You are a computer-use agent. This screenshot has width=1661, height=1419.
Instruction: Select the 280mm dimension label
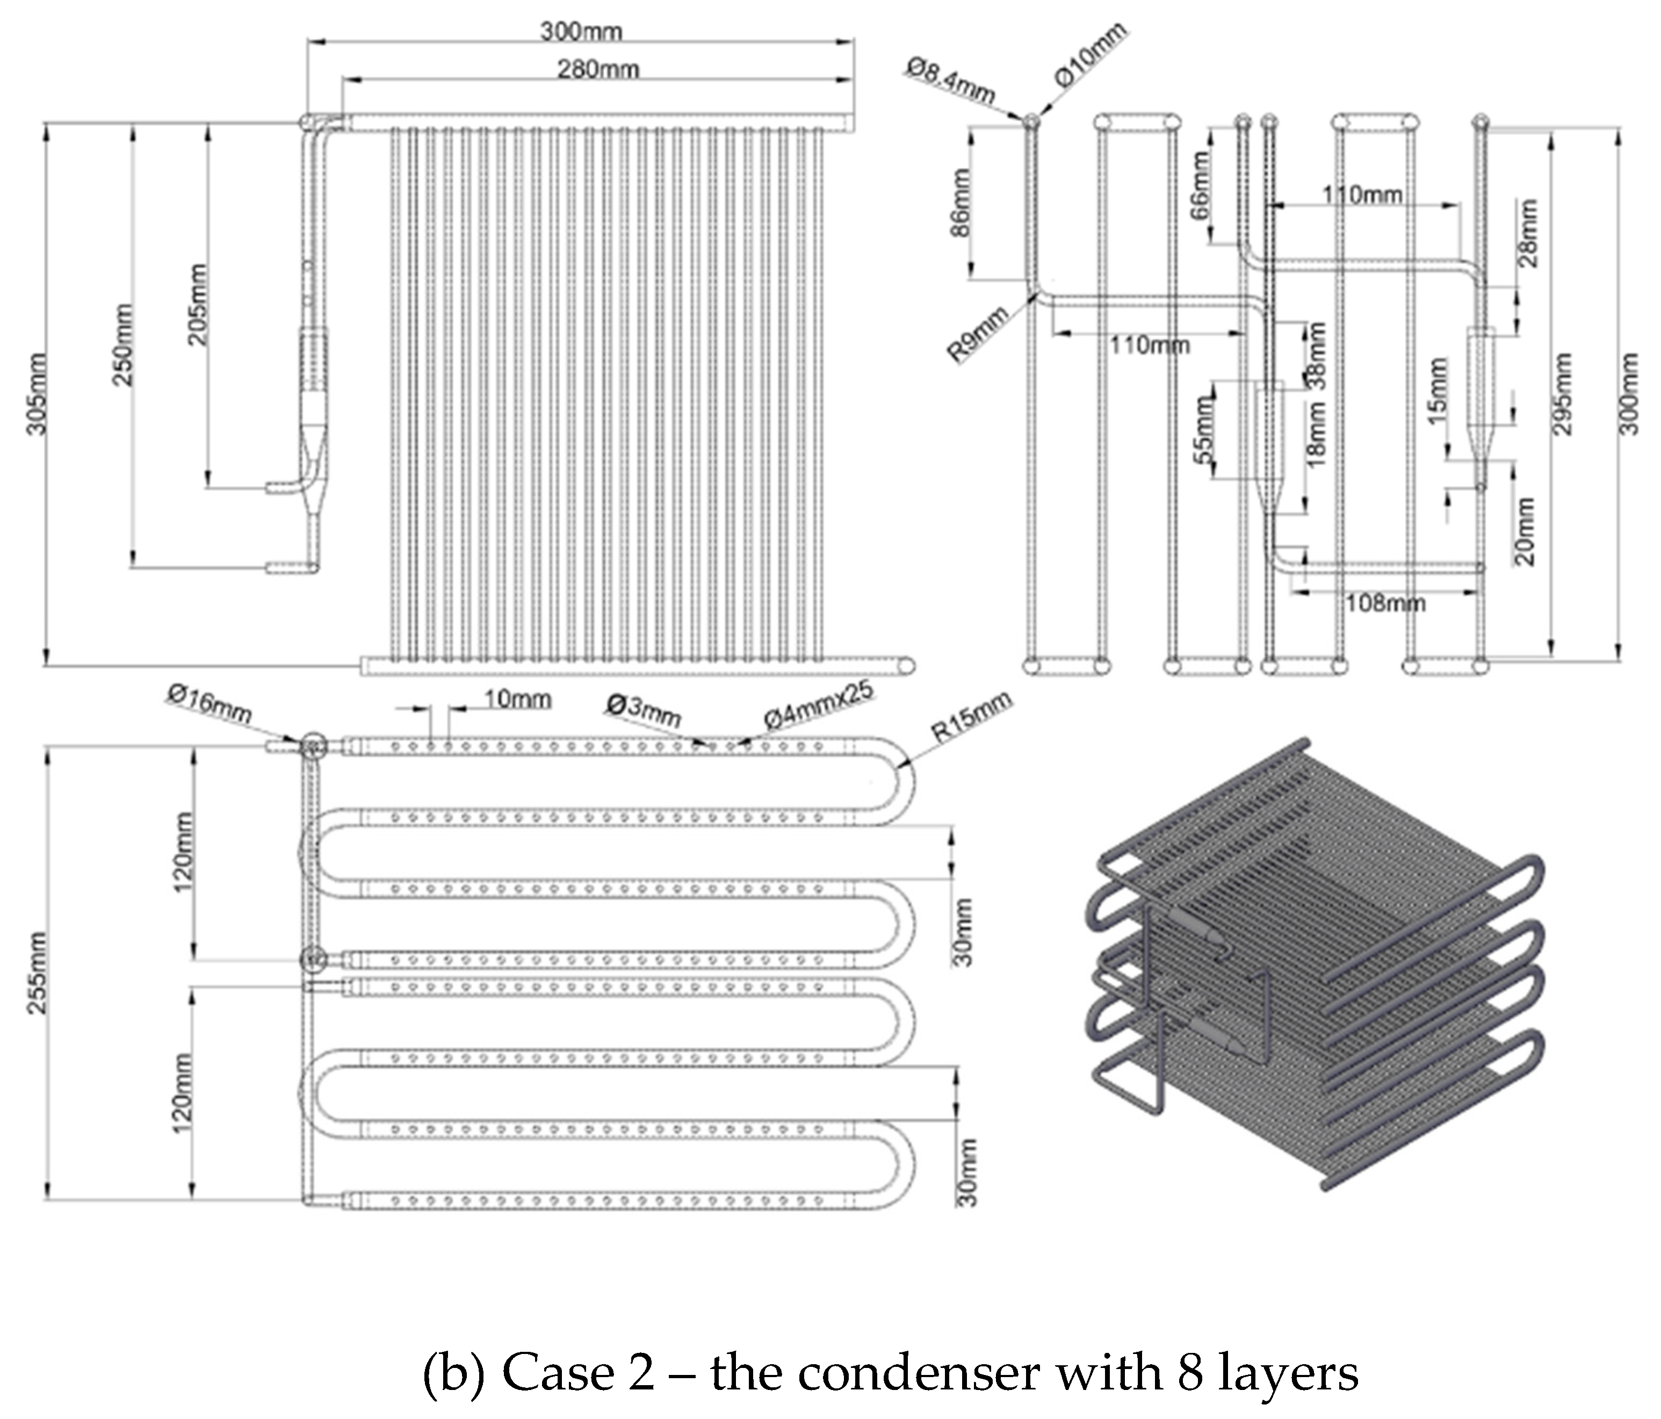(x=598, y=70)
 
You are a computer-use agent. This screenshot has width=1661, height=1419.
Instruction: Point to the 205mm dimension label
(x=197, y=305)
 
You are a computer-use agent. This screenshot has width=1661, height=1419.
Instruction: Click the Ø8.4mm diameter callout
(x=951, y=80)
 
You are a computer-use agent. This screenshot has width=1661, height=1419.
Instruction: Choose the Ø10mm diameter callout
(x=1090, y=54)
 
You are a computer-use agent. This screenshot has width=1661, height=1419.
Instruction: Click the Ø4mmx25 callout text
(x=818, y=705)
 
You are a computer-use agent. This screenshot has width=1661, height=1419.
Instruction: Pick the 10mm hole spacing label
(x=518, y=699)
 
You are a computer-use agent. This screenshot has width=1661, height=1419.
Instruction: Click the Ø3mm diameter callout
(x=644, y=709)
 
